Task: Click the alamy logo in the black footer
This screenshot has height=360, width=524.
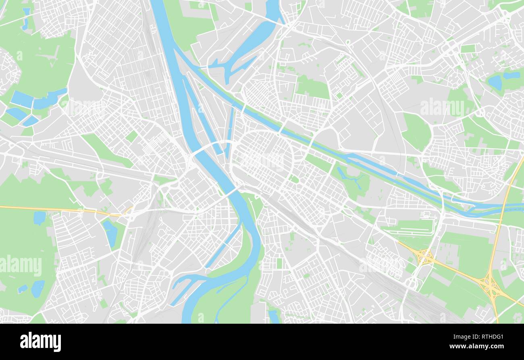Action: pyautogui.click(x=40, y=342)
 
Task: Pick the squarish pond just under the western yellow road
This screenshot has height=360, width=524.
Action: pyautogui.click(x=40, y=218)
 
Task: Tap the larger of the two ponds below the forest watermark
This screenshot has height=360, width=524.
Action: pyautogui.click(x=38, y=288)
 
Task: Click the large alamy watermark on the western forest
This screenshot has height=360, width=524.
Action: pyautogui.click(x=21, y=266)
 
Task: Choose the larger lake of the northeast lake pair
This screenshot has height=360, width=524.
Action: pyautogui.click(x=495, y=83)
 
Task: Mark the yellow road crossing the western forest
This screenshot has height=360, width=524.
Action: pyautogui.click(x=60, y=209)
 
